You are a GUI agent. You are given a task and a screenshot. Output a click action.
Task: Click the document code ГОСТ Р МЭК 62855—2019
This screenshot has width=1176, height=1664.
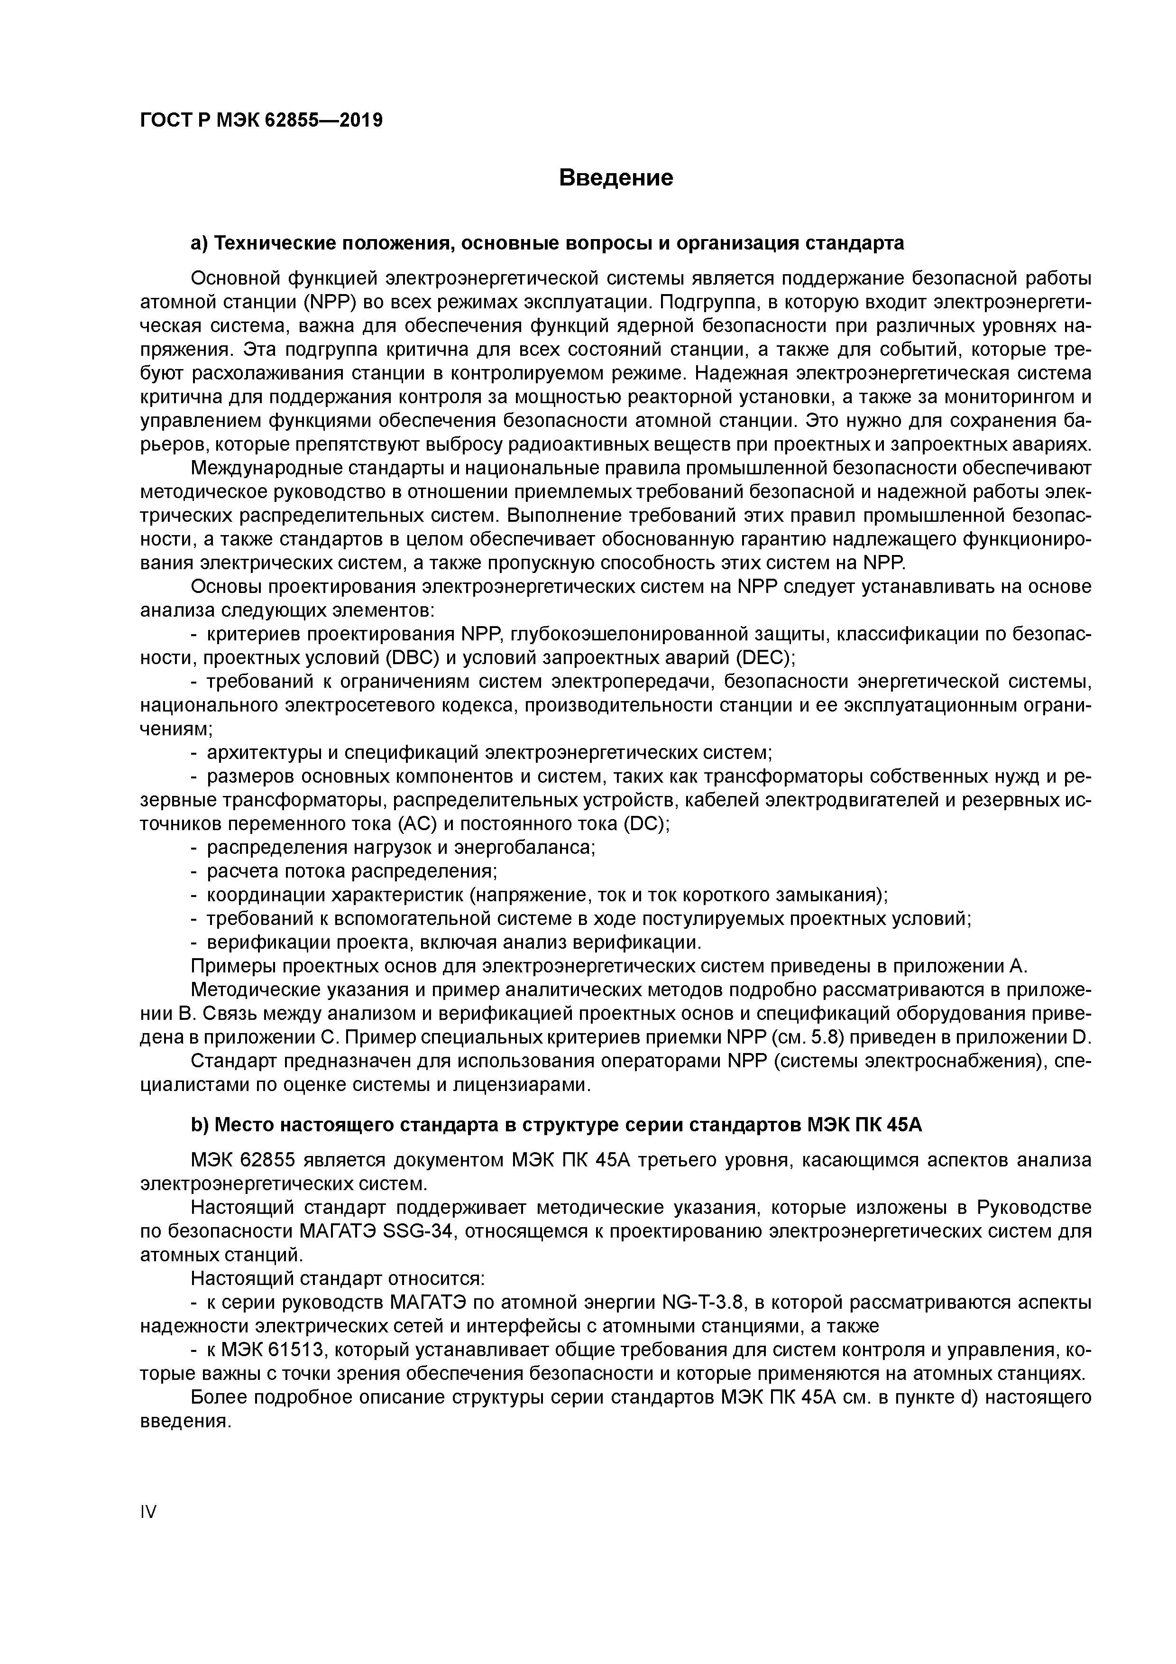[261, 120]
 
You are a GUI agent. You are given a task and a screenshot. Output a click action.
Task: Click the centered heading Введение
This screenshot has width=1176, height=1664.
[616, 177]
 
